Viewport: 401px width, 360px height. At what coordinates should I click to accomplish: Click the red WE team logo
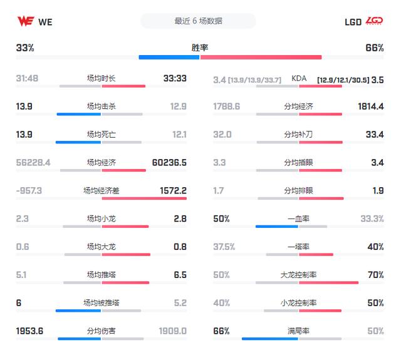point(26,21)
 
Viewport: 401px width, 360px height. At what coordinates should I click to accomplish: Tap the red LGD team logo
point(374,21)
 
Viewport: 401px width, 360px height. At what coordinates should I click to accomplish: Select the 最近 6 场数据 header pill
point(198,21)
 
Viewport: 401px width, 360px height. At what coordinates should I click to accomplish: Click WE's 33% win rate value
point(25,48)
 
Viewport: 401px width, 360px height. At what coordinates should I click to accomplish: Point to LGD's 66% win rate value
point(375,48)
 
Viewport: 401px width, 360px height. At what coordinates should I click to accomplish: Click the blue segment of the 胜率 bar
point(169,57)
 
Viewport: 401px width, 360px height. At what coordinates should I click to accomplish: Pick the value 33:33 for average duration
point(175,78)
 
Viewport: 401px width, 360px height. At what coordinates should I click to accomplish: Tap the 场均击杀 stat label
point(102,106)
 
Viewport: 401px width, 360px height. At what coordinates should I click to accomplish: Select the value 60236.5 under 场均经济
point(169,163)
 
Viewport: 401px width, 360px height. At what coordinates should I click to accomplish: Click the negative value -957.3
point(29,190)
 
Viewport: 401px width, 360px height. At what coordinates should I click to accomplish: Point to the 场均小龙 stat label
point(102,219)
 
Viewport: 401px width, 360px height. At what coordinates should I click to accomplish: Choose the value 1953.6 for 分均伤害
point(29,331)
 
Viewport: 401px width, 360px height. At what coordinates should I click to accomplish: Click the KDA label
point(299,78)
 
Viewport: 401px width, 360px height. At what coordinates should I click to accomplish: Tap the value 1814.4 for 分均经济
point(371,106)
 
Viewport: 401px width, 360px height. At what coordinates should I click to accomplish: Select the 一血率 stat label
point(298,219)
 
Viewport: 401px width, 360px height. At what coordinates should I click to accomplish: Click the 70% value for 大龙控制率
point(376,275)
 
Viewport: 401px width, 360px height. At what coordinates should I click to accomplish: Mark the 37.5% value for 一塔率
point(224,247)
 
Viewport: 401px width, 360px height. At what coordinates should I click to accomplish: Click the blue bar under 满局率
point(270,339)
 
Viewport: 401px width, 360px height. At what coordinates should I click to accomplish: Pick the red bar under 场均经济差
point(144,198)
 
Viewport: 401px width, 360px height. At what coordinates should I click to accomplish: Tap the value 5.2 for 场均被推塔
point(180,303)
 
